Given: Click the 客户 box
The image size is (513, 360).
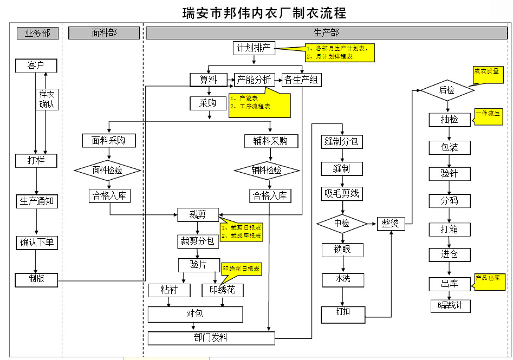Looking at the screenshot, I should click(36, 66).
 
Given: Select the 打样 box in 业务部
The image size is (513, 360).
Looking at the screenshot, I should click(36, 160).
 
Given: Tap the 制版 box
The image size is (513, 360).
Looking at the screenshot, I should click(36, 279).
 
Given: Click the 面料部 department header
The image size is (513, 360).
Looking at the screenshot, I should click(104, 33).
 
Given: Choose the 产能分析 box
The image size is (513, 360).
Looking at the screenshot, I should click(255, 80).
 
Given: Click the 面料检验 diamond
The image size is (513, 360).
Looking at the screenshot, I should click(107, 170).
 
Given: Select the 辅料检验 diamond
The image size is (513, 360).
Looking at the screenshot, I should click(267, 170).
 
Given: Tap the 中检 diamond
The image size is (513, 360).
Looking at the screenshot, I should click(342, 222).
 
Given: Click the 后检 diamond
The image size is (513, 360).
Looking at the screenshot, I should click(447, 90).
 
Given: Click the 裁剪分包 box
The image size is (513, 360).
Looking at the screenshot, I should click(198, 240).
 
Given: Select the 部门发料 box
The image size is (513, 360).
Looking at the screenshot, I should click(211, 338).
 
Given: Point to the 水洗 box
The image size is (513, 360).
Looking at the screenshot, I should click(343, 279).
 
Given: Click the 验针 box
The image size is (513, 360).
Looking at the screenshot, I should click(450, 174).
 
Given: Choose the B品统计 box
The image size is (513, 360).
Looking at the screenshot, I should click(450, 305).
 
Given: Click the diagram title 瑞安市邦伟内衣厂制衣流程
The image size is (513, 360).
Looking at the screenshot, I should click(264, 12).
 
